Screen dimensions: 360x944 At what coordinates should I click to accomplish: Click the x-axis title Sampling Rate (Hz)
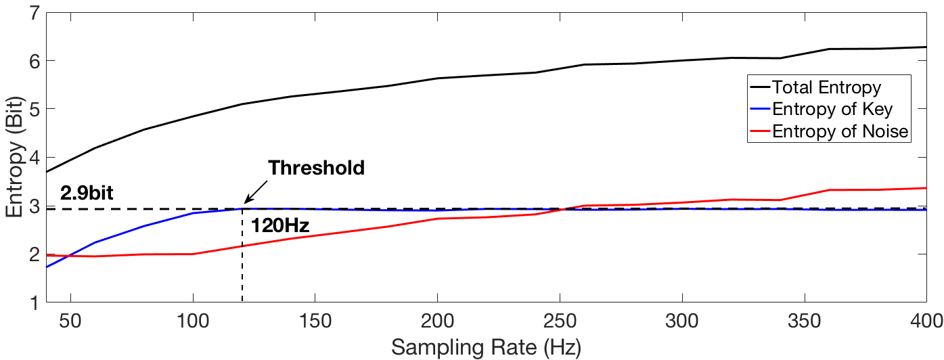tap(485, 348)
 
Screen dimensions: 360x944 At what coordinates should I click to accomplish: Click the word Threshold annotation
tap(316, 168)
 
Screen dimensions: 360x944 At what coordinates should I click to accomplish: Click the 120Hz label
tap(280, 226)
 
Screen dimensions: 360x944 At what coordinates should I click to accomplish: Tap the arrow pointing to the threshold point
tap(255, 193)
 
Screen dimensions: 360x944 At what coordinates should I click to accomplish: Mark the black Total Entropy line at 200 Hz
tap(438, 78)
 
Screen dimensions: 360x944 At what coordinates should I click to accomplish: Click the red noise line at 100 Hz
tap(194, 254)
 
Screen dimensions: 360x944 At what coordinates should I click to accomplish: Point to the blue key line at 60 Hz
tap(95, 242)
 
